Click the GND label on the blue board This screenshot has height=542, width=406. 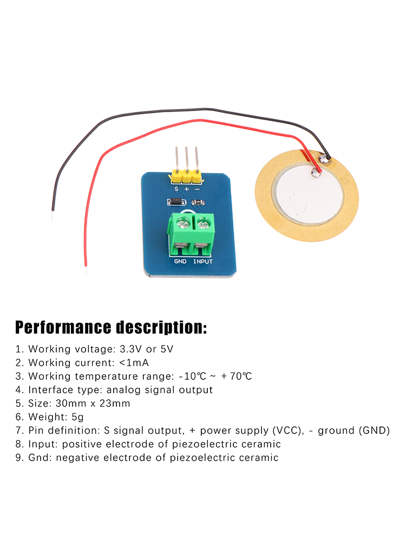[180, 261]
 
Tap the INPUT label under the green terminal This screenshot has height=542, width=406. [203, 261]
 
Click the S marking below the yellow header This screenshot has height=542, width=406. [176, 189]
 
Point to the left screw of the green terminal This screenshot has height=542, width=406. [181, 222]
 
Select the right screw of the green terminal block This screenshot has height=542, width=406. [203, 222]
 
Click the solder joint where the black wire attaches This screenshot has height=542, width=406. [324, 158]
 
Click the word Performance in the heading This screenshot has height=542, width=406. [63, 328]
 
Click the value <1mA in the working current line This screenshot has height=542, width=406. [134, 363]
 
